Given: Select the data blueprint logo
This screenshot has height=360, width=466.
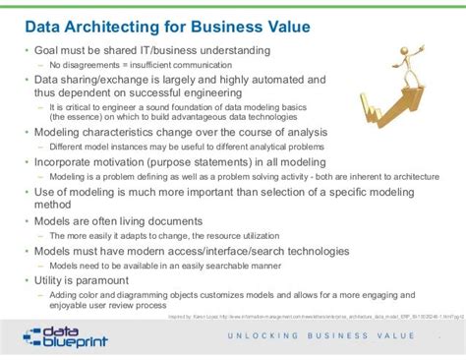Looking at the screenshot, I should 64,336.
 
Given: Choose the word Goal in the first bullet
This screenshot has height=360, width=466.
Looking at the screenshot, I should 51,50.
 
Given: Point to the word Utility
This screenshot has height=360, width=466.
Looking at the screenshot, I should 53,281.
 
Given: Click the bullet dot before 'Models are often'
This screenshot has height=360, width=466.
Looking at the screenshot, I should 27,222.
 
